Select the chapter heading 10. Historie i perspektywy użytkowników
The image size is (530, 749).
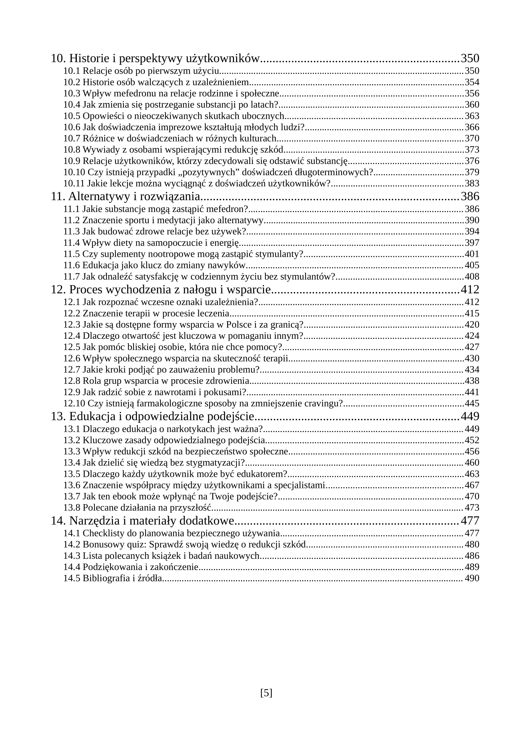155,59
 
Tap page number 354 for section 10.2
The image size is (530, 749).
472,82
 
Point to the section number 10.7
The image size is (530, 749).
71,138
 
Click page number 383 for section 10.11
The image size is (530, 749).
472,183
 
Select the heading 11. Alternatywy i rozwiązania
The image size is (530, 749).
125,197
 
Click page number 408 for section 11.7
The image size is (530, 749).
472,277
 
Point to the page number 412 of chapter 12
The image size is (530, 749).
470,290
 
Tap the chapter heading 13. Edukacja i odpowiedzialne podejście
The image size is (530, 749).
153,417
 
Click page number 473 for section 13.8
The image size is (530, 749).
472,508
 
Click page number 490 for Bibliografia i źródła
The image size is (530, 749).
472,578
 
